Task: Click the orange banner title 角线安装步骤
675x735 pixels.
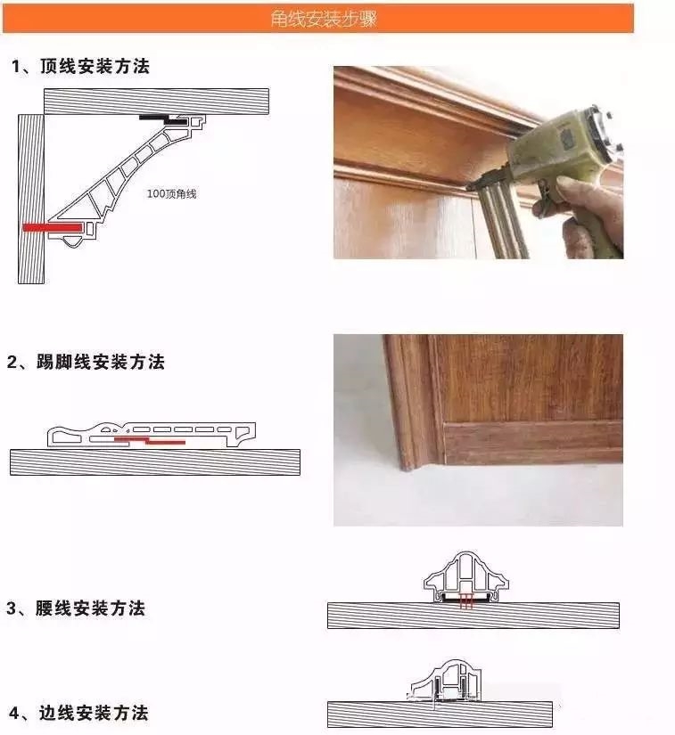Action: [x=324, y=19]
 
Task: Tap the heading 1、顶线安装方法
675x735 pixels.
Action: [x=80, y=66]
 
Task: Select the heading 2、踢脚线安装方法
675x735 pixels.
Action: [x=86, y=362]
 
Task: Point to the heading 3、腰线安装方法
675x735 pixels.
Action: [x=76, y=608]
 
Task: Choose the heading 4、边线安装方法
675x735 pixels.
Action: [x=78, y=713]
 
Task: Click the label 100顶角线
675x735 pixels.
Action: [x=172, y=193]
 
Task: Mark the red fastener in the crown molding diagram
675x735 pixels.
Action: [x=53, y=227]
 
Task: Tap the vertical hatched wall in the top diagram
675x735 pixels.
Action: [x=31, y=199]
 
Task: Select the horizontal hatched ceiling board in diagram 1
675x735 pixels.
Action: [x=157, y=102]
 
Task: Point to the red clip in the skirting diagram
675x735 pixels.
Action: [x=150, y=441]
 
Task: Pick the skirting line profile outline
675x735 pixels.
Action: [x=152, y=435]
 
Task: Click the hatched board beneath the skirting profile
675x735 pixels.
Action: [x=155, y=462]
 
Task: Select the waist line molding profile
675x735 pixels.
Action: [x=465, y=577]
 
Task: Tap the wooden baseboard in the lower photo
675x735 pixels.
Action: [x=533, y=444]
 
